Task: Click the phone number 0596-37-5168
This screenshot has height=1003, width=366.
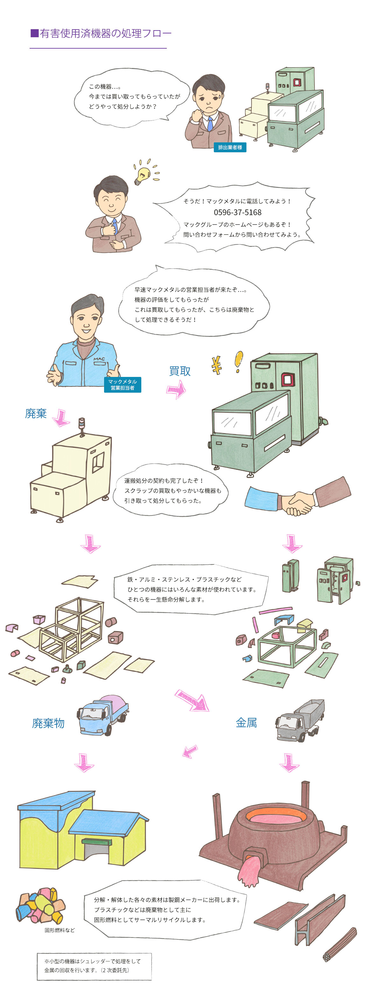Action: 237,212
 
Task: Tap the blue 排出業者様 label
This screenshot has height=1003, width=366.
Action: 230,147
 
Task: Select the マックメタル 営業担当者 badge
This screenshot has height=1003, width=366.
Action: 123,385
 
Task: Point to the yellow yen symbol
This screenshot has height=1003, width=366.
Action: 217,365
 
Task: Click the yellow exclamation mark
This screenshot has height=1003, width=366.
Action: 239,362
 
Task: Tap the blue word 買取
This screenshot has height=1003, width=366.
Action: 180,371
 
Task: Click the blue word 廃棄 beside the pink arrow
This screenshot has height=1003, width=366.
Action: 36,413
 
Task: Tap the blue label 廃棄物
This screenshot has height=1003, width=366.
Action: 48,723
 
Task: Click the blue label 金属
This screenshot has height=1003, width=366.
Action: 246,723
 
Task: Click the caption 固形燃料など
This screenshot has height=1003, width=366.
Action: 60,930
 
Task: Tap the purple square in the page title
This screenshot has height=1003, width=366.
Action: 35,33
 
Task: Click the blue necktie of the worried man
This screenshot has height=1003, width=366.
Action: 210,123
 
